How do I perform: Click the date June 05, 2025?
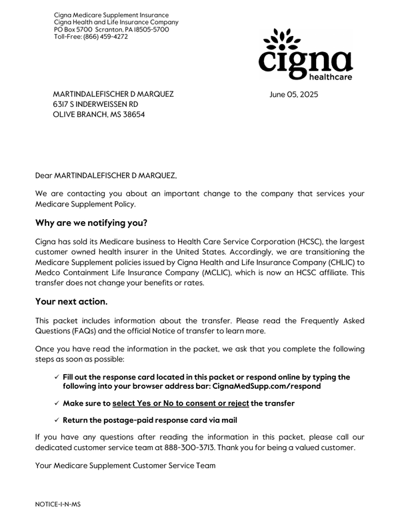(x=294, y=95)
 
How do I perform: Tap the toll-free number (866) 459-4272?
(x=105, y=37)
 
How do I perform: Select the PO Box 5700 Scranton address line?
(x=111, y=29)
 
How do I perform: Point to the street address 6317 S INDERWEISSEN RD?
(x=95, y=105)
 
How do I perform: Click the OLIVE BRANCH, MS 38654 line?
(x=99, y=115)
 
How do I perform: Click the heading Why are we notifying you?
(x=91, y=222)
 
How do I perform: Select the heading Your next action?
(x=71, y=301)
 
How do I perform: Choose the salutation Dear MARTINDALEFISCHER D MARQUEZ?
(x=106, y=176)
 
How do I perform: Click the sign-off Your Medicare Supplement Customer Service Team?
(x=125, y=465)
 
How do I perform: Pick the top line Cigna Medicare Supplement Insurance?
(x=111, y=15)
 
